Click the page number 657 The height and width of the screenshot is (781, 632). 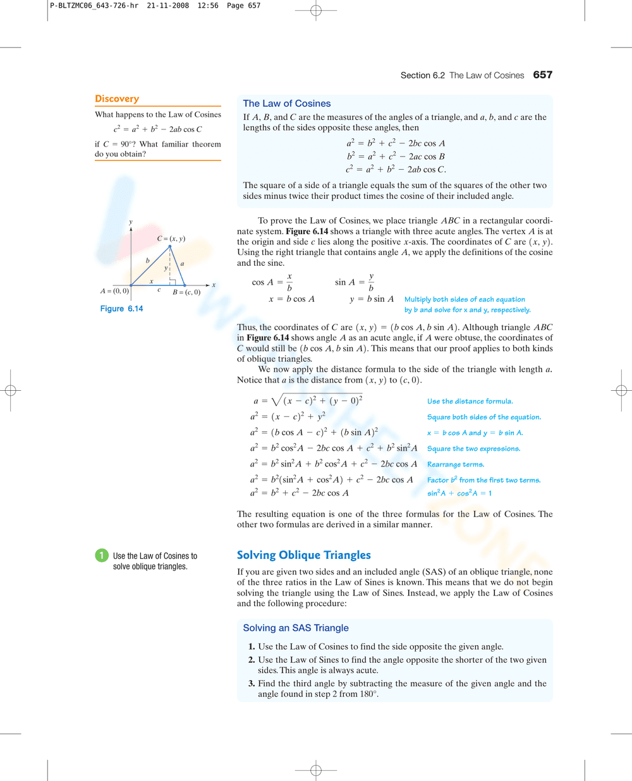coord(542,75)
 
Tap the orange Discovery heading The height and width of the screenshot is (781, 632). coord(117,98)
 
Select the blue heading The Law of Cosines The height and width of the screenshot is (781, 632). coord(286,104)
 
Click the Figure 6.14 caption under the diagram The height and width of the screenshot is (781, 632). coord(121,309)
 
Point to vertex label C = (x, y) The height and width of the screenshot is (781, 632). coord(171,239)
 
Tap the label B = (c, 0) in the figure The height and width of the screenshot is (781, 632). coord(186,292)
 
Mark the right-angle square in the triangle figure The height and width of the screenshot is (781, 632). coord(172,282)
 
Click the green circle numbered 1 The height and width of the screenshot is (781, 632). coord(102,556)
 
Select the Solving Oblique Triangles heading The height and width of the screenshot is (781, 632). coord(303,555)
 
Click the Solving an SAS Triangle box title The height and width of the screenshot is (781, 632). coord(296,628)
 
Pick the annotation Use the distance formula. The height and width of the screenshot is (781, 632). coord(470,402)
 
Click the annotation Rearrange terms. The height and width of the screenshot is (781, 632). coord(455,465)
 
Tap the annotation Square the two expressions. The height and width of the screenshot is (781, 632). coord(473,449)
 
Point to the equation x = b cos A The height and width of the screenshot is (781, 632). coord(291,299)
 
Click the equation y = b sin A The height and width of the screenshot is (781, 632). coord(372,299)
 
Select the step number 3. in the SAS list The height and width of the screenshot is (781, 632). coord(251,684)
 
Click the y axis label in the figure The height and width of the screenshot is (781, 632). coord(131,222)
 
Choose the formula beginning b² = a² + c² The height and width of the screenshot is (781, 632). coord(395,157)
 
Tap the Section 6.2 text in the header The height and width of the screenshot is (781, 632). coord(422,76)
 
